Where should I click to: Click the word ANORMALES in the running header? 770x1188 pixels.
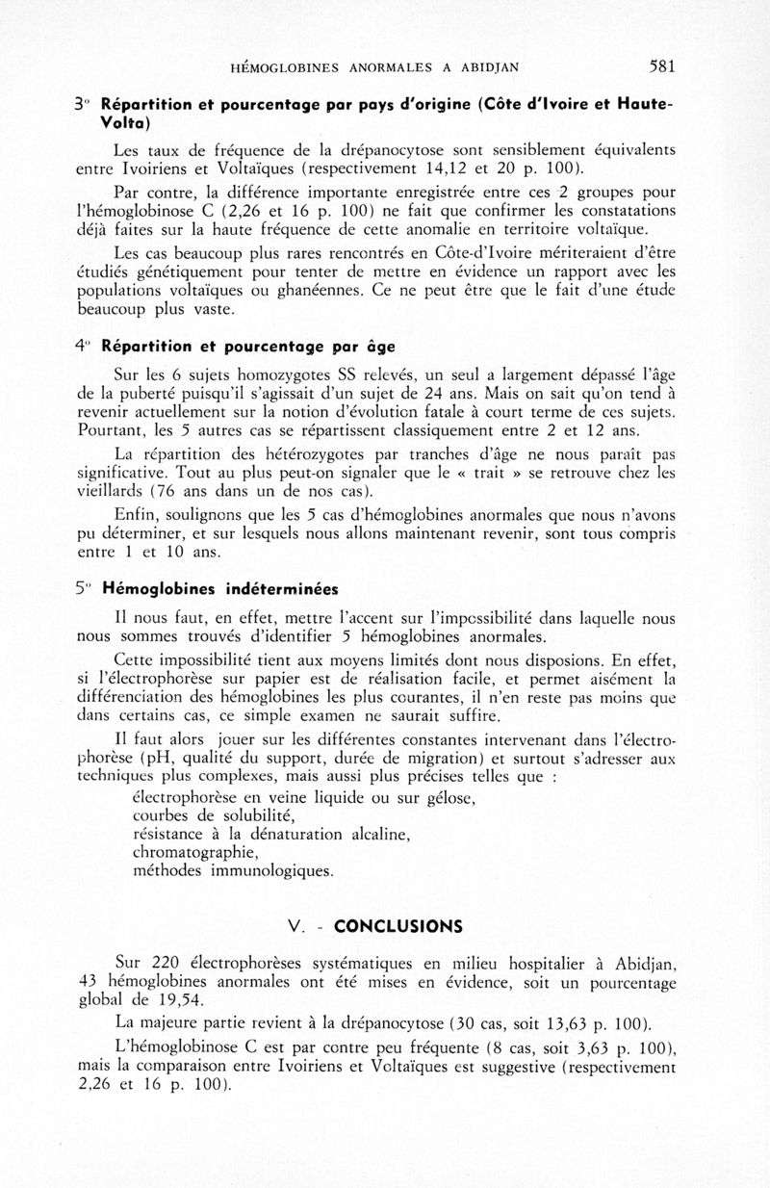tap(398, 67)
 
